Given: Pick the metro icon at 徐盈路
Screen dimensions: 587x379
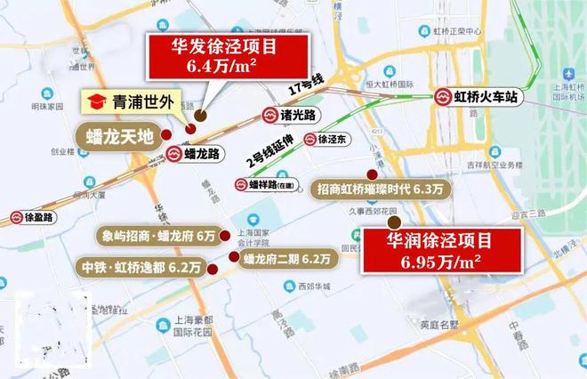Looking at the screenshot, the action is coord(18,216).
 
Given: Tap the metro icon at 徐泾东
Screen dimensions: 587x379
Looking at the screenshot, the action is coord(310,139).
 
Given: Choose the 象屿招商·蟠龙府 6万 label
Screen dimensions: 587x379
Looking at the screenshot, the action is coord(159,236).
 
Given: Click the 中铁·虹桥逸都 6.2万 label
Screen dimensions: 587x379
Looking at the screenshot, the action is coord(143,267).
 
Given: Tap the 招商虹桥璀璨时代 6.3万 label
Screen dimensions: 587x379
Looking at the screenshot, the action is coord(382,189).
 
